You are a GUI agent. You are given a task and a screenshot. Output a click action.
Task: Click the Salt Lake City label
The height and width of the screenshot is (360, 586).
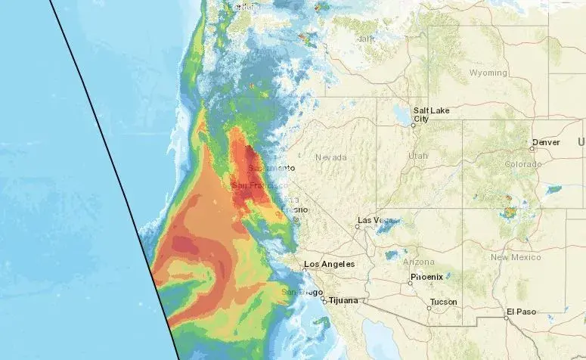pyautogui.click(x=431, y=114)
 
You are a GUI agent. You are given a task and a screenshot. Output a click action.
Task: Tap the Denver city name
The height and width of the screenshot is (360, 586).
pyautogui.click(x=546, y=142)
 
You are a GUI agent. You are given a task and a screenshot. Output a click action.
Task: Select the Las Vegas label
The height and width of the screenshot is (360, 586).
pyautogui.click(x=376, y=220)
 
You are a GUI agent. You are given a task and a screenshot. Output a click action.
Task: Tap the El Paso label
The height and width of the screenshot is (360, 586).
pyautogui.click(x=522, y=312)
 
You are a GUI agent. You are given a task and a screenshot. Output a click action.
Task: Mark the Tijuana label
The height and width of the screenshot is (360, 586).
pyautogui.click(x=343, y=300)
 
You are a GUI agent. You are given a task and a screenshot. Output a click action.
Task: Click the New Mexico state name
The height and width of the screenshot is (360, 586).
pyautogui.click(x=515, y=257)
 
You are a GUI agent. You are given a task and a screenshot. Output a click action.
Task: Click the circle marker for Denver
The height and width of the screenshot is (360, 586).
pyautogui.click(x=532, y=148)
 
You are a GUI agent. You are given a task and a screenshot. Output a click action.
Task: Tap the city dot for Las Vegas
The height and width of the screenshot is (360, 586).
pyautogui.click(x=358, y=225)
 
